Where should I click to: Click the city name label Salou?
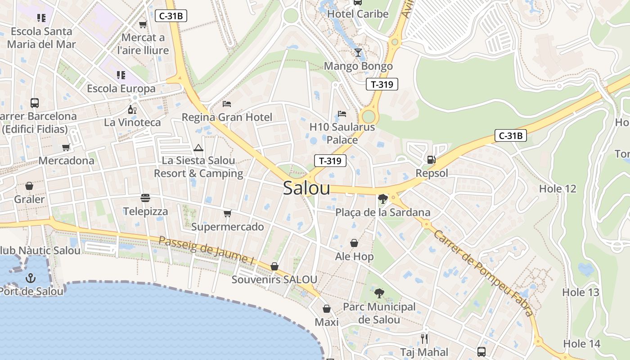[x=306, y=189]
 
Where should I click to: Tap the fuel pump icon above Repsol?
[x=431, y=160]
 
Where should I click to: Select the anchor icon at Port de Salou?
[x=31, y=278]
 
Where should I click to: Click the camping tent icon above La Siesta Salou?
[x=198, y=148]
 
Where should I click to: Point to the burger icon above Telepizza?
[x=145, y=198]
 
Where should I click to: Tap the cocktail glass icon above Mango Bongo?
[x=358, y=53]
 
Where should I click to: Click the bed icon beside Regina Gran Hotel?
[x=227, y=104]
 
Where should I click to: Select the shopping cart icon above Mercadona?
[x=66, y=147]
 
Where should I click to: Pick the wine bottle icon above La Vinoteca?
[x=132, y=109]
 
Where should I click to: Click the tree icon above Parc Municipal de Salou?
[x=379, y=293]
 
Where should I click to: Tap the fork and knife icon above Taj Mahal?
[x=424, y=338]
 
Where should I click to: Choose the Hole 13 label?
[x=580, y=292]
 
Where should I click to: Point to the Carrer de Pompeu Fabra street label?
[x=484, y=273]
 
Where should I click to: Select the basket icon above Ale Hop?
[x=354, y=243]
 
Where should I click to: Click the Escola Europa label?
[x=121, y=89]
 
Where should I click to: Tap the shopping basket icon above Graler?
[x=29, y=186]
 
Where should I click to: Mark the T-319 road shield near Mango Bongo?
[x=382, y=84]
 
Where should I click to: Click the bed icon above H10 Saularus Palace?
[x=342, y=113]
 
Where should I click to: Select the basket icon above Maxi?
[x=327, y=309]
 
